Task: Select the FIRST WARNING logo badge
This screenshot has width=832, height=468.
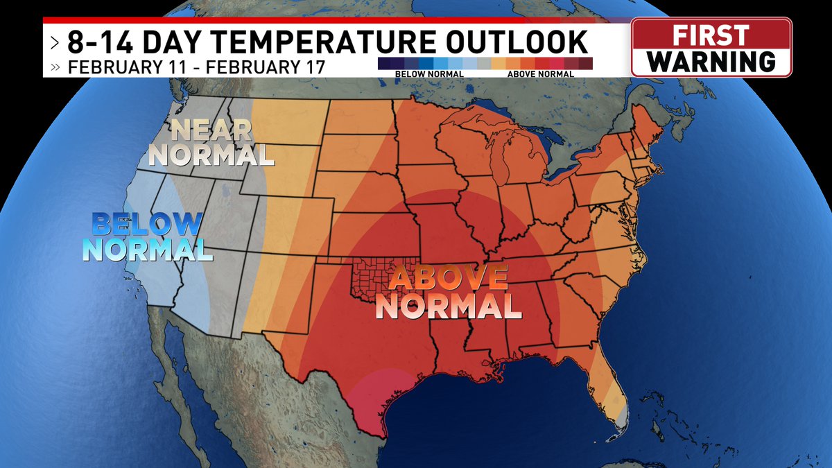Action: [711, 47]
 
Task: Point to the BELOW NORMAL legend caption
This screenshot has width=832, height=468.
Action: [419, 72]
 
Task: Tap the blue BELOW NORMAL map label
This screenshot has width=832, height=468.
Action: [147, 237]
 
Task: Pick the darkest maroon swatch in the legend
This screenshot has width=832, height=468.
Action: [586, 63]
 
